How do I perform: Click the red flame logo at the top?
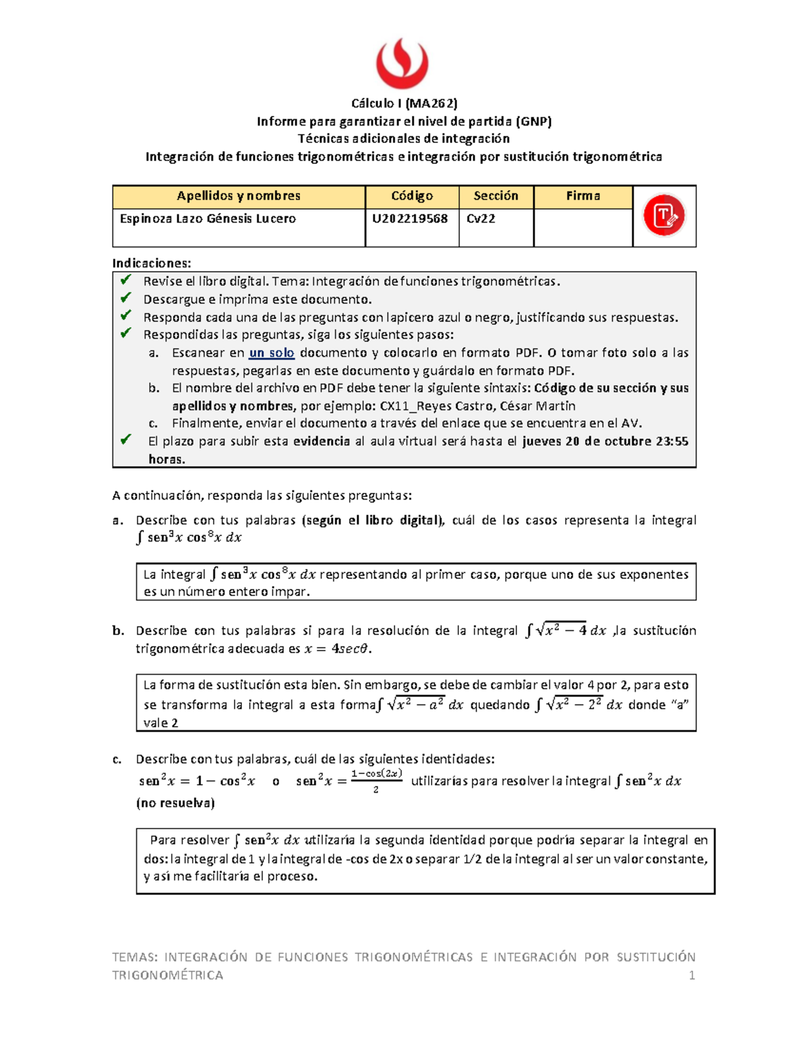402,63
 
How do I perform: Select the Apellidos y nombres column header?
238,196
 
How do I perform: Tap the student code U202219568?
410,218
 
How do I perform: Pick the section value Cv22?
481,218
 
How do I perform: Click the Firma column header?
582,196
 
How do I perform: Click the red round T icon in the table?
663,216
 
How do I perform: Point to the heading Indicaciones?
152,263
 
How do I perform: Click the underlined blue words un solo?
272,353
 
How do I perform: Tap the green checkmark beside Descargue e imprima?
125,298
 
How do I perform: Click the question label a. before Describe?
118,520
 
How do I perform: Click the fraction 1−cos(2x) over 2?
376,781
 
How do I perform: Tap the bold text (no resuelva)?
175,803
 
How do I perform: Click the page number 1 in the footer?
691,975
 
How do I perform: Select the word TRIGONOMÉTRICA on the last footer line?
167,975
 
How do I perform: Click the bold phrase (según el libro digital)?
372,520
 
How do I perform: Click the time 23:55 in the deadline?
671,442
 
